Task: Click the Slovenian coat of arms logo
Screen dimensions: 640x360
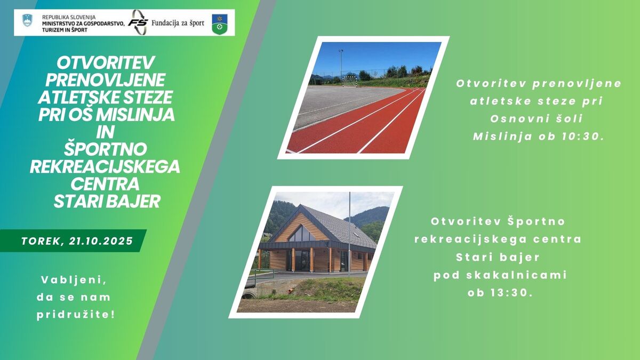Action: tap(27, 21)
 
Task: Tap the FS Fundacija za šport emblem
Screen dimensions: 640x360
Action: tap(138, 22)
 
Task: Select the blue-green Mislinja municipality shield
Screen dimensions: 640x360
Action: tap(220, 25)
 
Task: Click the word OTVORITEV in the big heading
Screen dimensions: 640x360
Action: tap(106, 63)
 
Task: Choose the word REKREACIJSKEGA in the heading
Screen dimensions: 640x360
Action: tap(105, 166)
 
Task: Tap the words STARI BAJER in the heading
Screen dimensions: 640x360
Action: tap(107, 202)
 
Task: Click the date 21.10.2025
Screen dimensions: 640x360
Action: tap(101, 241)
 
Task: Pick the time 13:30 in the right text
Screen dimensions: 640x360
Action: tap(512, 293)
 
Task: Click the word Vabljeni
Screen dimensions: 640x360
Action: tap(74, 280)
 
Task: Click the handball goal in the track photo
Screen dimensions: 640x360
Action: tap(350, 81)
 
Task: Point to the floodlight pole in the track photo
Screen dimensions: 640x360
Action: tap(341, 65)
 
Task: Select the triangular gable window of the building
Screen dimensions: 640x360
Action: tap(301, 234)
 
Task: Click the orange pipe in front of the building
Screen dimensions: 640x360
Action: tap(291, 291)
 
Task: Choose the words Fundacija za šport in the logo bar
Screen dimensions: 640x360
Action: tap(178, 23)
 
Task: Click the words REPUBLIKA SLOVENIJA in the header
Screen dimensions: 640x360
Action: tap(69, 18)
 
